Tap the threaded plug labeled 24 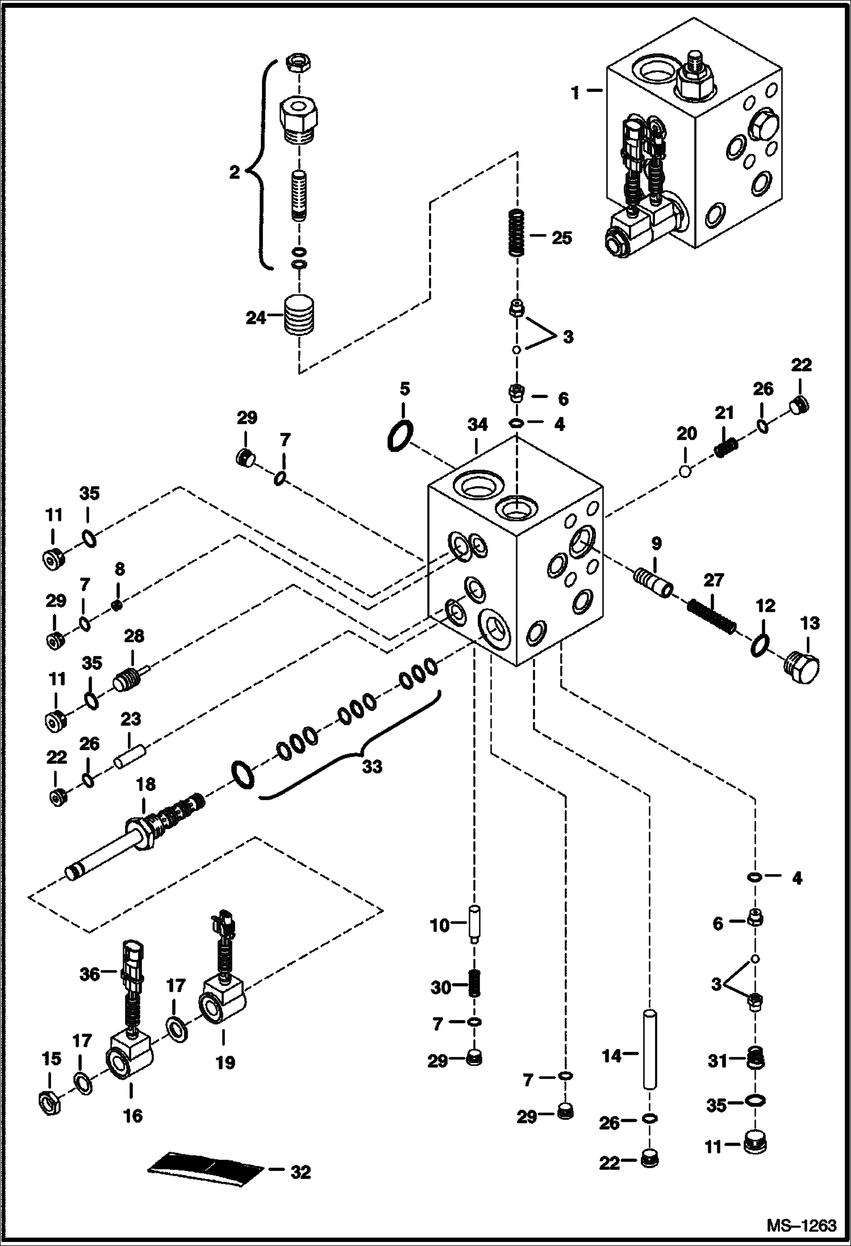pos(299,316)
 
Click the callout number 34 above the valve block pos(477,425)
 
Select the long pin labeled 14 pos(650,1048)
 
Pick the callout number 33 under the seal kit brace pos(372,767)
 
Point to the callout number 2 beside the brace pos(235,173)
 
